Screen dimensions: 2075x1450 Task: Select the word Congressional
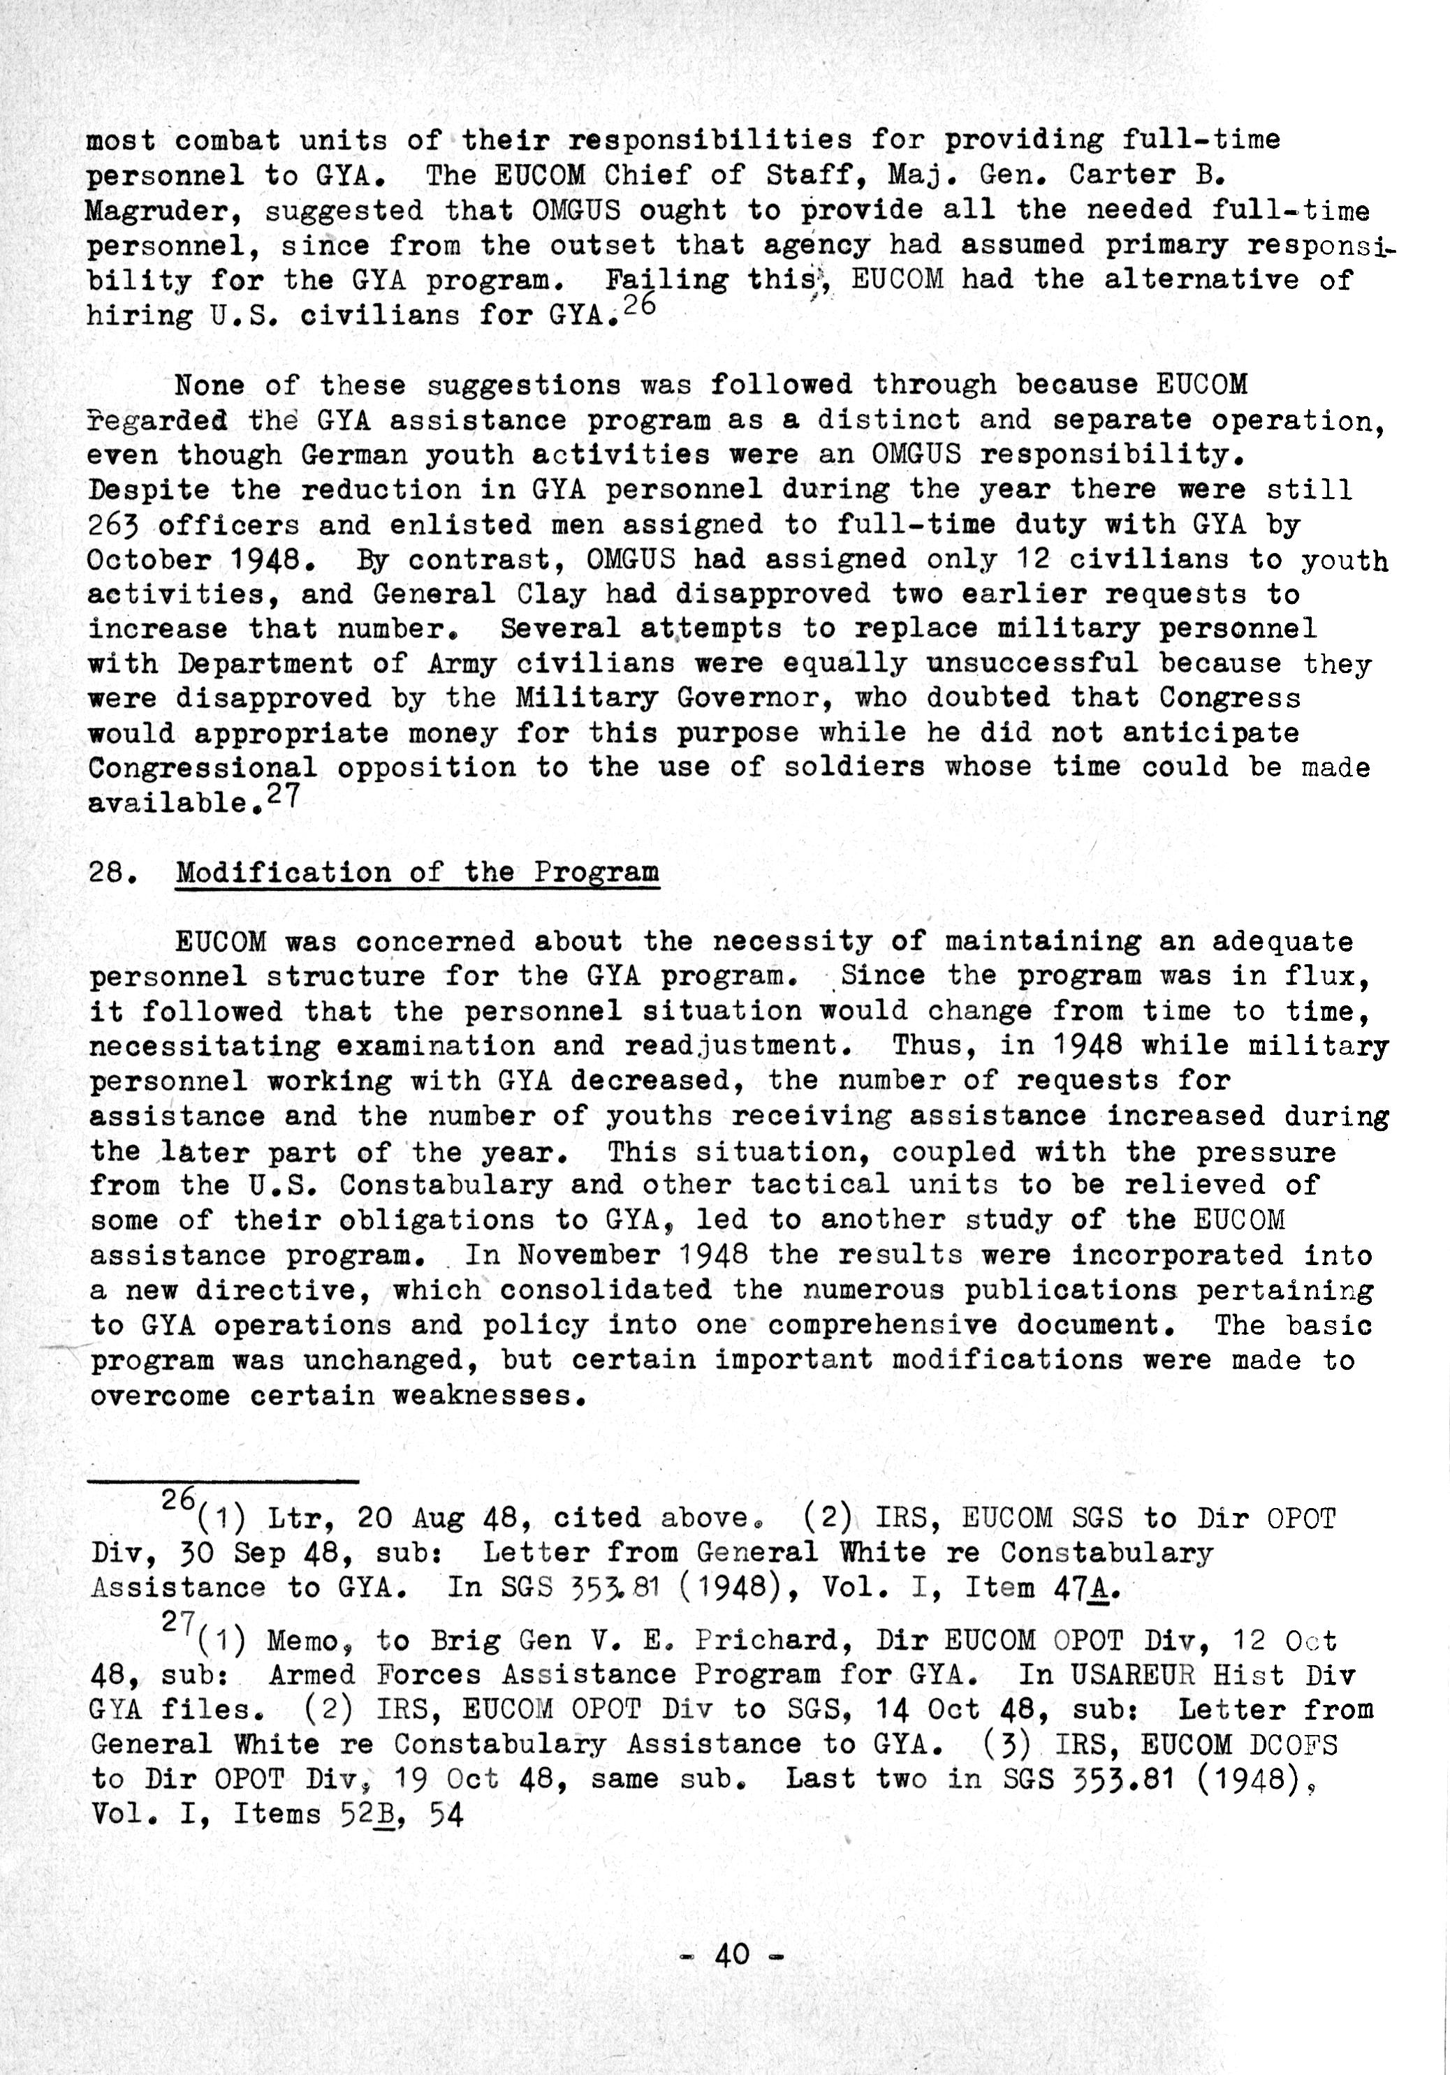(x=203, y=768)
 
